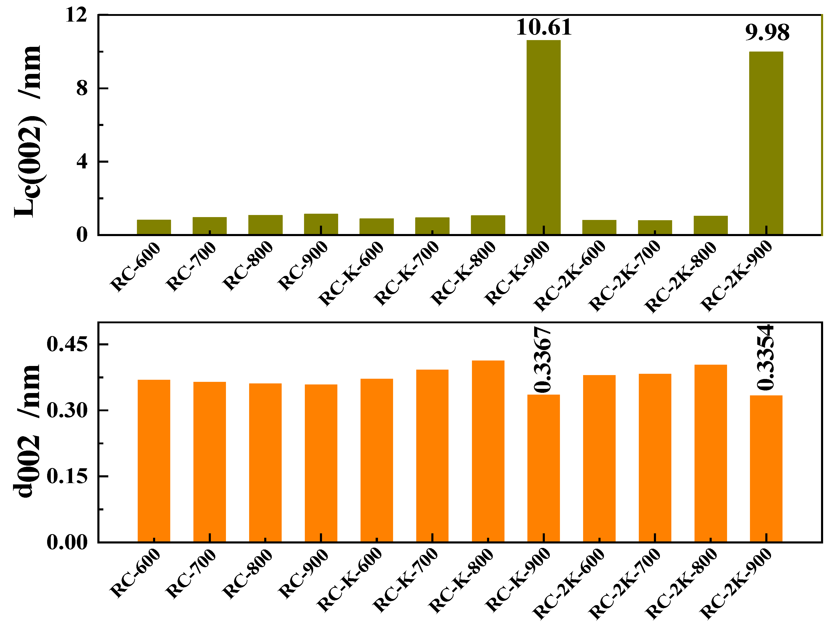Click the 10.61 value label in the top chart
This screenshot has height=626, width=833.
click(x=544, y=27)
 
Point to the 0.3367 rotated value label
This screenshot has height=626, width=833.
click(x=543, y=360)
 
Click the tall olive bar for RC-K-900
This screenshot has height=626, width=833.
click(x=544, y=137)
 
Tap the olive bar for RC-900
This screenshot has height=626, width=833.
click(x=321, y=224)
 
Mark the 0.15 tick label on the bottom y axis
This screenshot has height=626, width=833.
click(x=67, y=477)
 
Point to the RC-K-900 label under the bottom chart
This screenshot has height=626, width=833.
click(x=518, y=580)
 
